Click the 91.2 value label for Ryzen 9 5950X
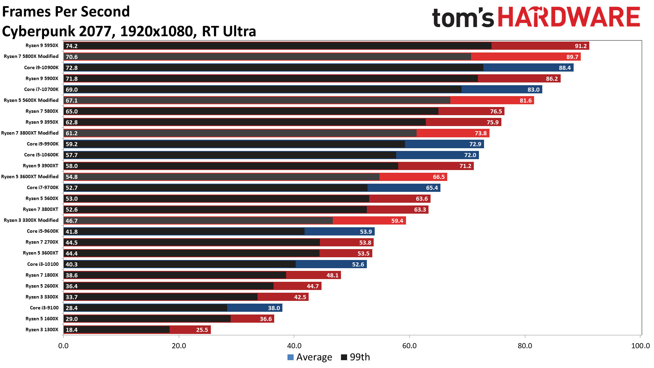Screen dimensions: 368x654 pos(580,46)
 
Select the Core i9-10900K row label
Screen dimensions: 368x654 pos(41,67)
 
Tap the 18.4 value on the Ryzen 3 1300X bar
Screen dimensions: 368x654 pos(72,330)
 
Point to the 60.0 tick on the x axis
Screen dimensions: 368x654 pos(409,346)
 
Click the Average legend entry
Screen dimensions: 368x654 pos(310,357)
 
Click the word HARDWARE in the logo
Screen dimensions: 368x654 pos(569,17)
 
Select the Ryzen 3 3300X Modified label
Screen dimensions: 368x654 pos(31,220)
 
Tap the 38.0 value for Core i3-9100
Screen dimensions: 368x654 pos(274,308)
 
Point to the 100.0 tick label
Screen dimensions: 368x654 pos(640,346)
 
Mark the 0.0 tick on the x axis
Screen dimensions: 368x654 pos(63,346)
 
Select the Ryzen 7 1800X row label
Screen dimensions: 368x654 pos(42,275)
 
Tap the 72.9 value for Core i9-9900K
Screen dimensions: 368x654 pos(475,144)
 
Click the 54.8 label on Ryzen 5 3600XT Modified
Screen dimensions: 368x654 pos(72,177)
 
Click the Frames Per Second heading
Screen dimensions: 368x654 pos(66,12)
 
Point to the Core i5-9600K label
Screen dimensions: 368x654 pos(43,231)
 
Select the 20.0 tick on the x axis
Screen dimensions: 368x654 pos(178,346)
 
